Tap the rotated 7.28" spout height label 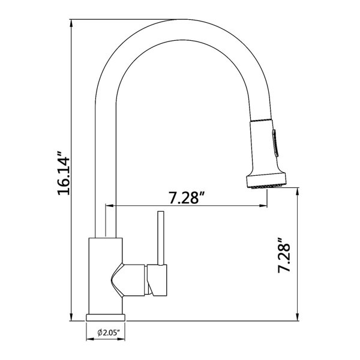(x=284, y=256)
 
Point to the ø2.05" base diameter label (x=109, y=332)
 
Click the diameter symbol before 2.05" (x=100, y=332)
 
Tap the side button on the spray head (x=275, y=143)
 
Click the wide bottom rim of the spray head (x=266, y=181)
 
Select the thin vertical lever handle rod (x=161, y=238)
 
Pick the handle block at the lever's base (x=157, y=280)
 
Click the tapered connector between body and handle (x=128, y=280)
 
